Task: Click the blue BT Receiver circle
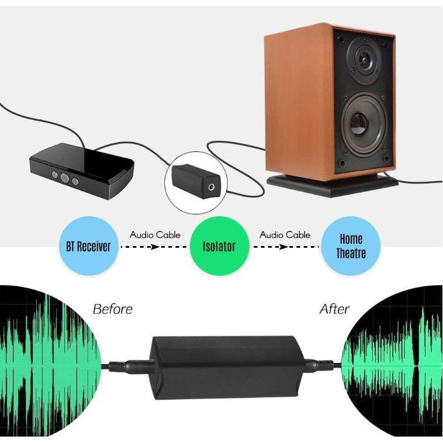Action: pos(85,246)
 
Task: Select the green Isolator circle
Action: pos(219,246)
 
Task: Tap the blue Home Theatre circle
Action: pos(351,246)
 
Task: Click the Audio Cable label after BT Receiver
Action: pos(155,235)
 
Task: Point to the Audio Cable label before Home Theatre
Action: pos(285,235)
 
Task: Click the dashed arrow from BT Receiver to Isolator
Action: pos(154,247)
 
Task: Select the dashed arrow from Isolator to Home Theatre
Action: pos(285,247)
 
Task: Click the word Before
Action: pos(113,309)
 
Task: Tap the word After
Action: pos(334,309)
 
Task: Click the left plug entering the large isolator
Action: pos(133,365)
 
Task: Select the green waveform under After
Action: pos(392,362)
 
